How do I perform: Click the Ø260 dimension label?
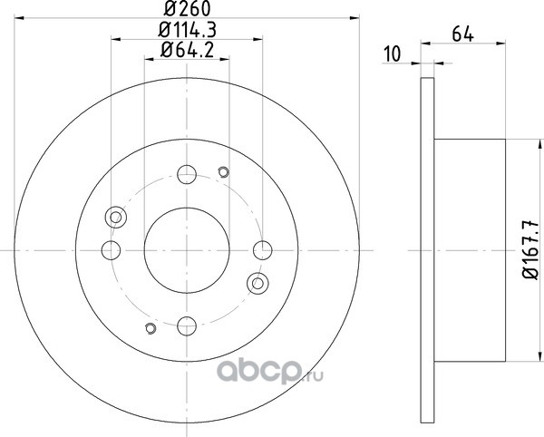[x=187, y=9]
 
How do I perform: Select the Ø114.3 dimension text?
[x=187, y=30]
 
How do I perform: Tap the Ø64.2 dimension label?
[x=187, y=51]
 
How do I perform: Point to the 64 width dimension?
[x=463, y=34]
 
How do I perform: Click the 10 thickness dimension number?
[x=393, y=54]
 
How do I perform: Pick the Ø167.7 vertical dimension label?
[x=530, y=249]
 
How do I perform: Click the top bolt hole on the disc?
[x=187, y=174]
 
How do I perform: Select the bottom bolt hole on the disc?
[x=187, y=326]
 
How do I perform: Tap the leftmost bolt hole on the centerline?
[x=111, y=250]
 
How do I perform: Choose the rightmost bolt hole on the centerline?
[x=263, y=250]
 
